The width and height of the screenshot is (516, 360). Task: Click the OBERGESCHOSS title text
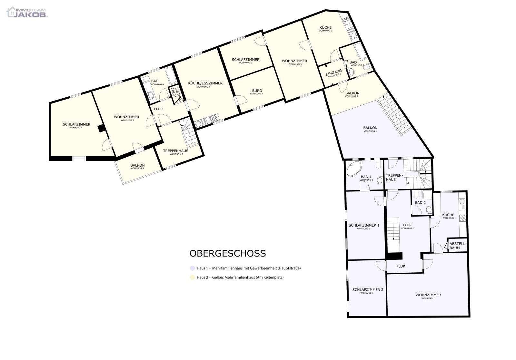(228, 253)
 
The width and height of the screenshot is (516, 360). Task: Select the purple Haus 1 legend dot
(193, 268)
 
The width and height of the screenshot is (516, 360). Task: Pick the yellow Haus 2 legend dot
(193, 277)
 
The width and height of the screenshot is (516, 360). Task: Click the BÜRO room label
(256, 91)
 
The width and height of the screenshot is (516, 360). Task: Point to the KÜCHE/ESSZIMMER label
(205, 83)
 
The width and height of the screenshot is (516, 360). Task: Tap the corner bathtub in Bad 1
(353, 169)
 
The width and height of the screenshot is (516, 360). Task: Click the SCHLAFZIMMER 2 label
(368, 290)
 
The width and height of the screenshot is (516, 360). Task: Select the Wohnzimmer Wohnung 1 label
(428, 295)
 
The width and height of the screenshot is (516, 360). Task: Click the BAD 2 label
(420, 203)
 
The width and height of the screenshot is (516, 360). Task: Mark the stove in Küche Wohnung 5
(347, 21)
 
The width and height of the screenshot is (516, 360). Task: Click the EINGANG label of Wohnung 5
(333, 73)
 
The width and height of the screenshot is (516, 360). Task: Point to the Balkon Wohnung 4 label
(137, 166)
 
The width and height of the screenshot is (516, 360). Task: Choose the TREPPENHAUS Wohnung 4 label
(175, 151)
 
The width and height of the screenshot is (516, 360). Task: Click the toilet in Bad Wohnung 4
(150, 95)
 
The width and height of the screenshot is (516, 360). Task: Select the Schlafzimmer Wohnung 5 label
(245, 60)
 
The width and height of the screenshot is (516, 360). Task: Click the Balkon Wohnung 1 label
(370, 128)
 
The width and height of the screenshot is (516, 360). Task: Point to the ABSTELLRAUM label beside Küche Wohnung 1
(457, 246)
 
